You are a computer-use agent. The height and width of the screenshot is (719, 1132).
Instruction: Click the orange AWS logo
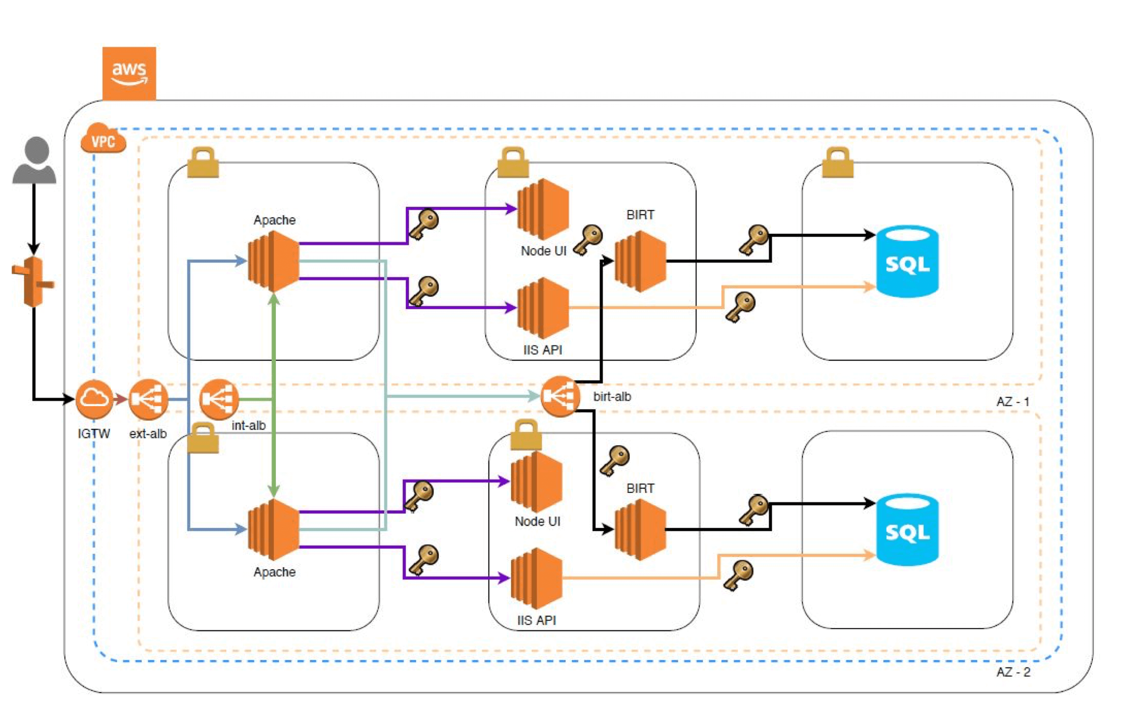[x=129, y=73]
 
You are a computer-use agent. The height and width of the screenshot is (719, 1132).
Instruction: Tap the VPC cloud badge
[x=103, y=139]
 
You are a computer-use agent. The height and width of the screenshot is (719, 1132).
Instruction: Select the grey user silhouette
[x=34, y=160]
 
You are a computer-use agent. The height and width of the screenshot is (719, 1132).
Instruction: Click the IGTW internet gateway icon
[x=94, y=399]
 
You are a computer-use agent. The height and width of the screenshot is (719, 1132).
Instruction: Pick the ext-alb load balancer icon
[x=148, y=399]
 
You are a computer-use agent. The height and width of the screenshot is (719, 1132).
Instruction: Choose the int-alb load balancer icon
[x=219, y=399]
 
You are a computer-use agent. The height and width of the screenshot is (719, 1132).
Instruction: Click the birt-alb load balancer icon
[x=560, y=396]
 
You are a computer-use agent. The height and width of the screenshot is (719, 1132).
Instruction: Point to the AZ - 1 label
[x=1013, y=401]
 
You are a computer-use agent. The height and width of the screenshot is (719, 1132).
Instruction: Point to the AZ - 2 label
[x=1013, y=672]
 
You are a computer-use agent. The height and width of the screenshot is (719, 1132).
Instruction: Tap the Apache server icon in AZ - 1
[x=273, y=262]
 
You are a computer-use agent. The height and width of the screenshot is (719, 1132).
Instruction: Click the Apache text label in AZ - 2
[x=274, y=572]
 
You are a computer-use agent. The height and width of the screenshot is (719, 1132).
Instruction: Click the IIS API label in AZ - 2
[x=536, y=620]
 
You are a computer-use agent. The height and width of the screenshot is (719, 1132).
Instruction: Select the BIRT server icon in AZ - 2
[x=640, y=529]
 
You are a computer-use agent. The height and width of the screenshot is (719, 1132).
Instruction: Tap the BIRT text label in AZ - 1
[x=640, y=215]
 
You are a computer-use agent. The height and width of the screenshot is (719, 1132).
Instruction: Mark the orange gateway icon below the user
[x=33, y=282]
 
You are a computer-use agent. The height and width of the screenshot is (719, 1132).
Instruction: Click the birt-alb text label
[x=612, y=396]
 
